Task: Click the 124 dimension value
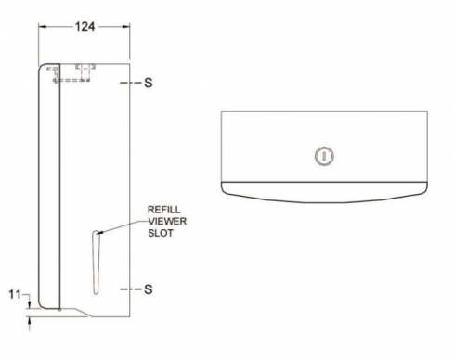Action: coord(84,27)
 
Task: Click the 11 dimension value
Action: coord(15,294)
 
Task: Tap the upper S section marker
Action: coord(149,83)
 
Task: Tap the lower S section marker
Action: coord(149,289)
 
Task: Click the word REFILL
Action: coord(164,210)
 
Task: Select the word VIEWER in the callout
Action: coord(167,222)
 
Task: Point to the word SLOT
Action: coord(161,233)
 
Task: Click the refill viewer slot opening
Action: coord(96,263)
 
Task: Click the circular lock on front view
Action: coord(324,156)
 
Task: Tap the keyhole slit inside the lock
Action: coord(324,156)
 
